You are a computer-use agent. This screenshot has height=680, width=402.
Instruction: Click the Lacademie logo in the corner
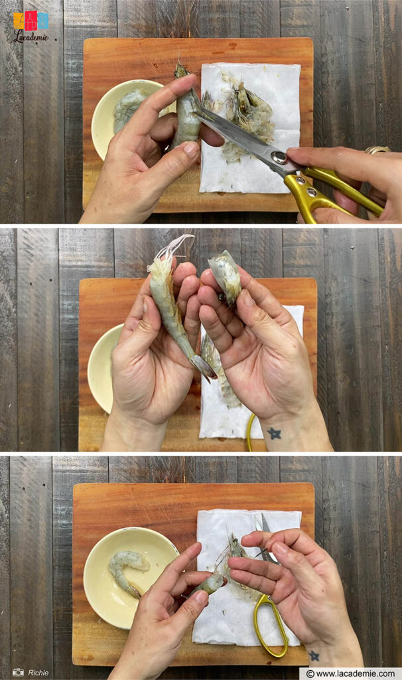(x=31, y=25)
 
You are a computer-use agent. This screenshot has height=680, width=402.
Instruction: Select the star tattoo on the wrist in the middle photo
(x=274, y=433)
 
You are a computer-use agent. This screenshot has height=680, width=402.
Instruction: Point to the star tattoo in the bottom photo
(x=314, y=655)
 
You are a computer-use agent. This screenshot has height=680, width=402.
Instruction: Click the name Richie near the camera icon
(x=38, y=673)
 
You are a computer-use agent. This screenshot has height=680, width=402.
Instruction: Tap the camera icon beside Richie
(x=19, y=673)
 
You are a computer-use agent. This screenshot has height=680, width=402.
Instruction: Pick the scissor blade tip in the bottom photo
(x=265, y=519)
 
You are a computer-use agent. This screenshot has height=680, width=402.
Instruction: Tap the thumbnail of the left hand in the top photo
(x=191, y=149)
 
